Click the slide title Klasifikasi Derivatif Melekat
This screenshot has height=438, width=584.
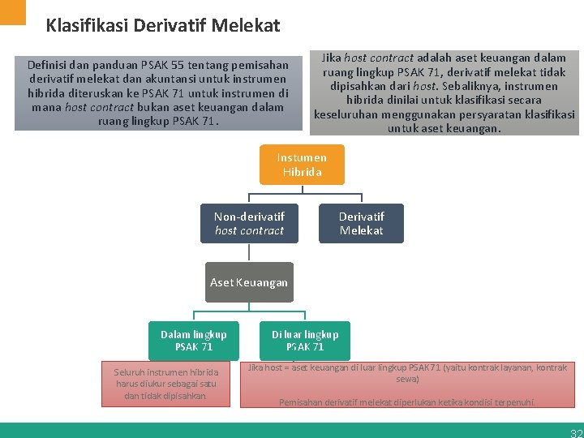[x=163, y=26]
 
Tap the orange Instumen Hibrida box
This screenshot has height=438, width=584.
[x=302, y=165]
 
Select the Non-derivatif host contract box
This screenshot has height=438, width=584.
[x=249, y=223]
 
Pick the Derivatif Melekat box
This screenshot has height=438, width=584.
[x=361, y=223]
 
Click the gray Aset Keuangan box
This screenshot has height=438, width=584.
[x=248, y=282]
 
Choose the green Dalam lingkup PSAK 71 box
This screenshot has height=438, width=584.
[x=193, y=341]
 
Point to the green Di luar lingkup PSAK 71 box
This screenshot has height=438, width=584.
[x=305, y=341]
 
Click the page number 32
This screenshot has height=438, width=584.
[x=575, y=432]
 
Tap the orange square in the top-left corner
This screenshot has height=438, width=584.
[x=13, y=11]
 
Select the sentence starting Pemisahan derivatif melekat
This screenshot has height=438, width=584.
[x=407, y=402]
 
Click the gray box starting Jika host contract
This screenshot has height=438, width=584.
[x=444, y=92]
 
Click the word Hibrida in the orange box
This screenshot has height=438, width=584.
[x=302, y=172]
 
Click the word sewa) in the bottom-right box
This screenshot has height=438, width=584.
[x=407, y=379]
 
